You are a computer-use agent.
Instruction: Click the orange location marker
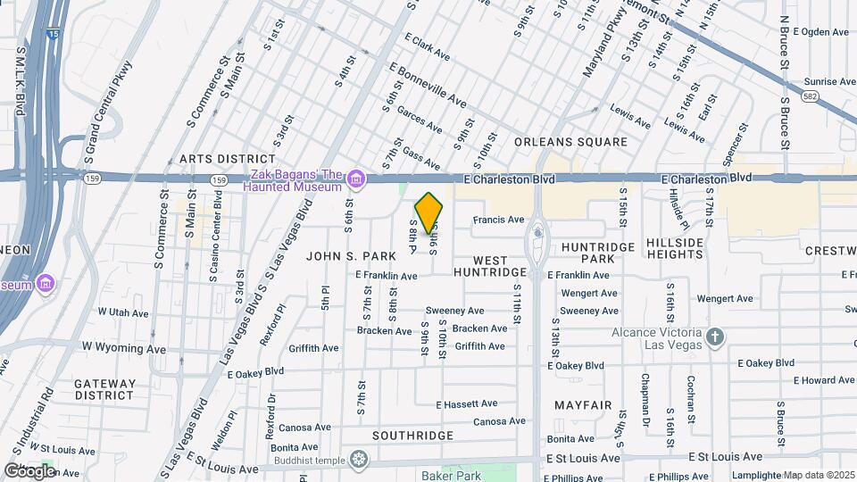(429, 212)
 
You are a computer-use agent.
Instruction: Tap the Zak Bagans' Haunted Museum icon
(356, 180)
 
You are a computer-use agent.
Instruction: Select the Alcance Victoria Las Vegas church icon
(714, 337)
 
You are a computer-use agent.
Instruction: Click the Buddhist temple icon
(359, 460)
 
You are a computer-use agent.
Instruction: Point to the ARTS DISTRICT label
(219, 159)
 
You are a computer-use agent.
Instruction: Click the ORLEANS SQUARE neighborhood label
(571, 142)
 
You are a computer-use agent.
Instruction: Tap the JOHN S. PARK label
(351, 256)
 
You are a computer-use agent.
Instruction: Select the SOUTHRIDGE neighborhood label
(412, 436)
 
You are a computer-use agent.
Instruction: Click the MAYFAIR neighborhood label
(583, 405)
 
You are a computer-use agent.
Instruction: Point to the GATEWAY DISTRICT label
(105, 389)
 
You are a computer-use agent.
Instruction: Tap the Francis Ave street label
(498, 220)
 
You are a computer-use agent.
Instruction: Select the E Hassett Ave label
(467, 404)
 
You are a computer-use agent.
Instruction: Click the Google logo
(29, 470)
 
